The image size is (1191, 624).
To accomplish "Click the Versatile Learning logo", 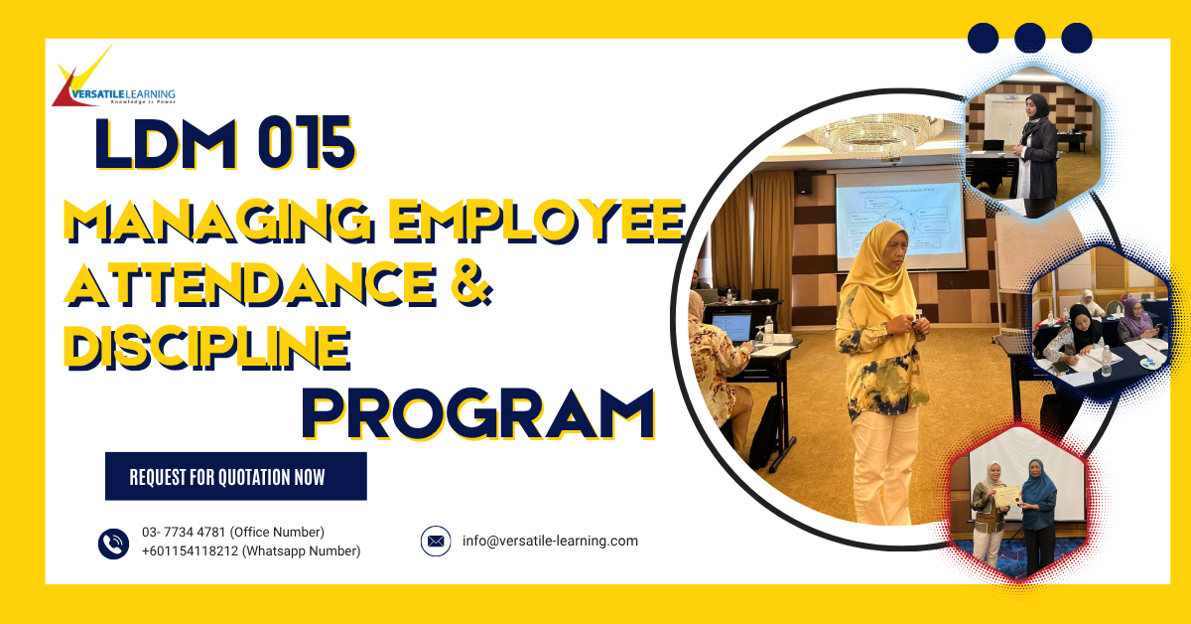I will [113, 80].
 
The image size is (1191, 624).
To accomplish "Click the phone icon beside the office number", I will [114, 543].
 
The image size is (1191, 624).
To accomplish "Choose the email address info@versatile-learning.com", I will [550, 542].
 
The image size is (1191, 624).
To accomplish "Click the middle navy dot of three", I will [1029, 38].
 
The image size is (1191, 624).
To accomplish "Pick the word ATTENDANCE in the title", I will [248, 282].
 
